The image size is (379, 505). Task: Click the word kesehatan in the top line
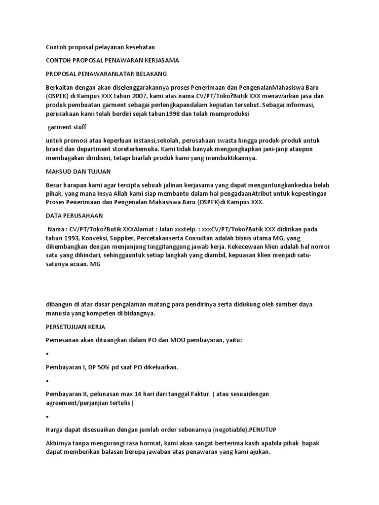[x=139, y=47]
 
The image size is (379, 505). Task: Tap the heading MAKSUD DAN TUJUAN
[x=78, y=171]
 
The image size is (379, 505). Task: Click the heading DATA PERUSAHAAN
[x=74, y=216]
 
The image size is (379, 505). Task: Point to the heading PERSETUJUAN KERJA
[x=75, y=327]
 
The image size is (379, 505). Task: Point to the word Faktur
[x=211, y=394]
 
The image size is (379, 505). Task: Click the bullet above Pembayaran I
[x=47, y=355]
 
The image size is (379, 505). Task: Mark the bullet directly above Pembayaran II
[x=47, y=381]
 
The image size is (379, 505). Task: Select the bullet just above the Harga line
[x=47, y=417]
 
